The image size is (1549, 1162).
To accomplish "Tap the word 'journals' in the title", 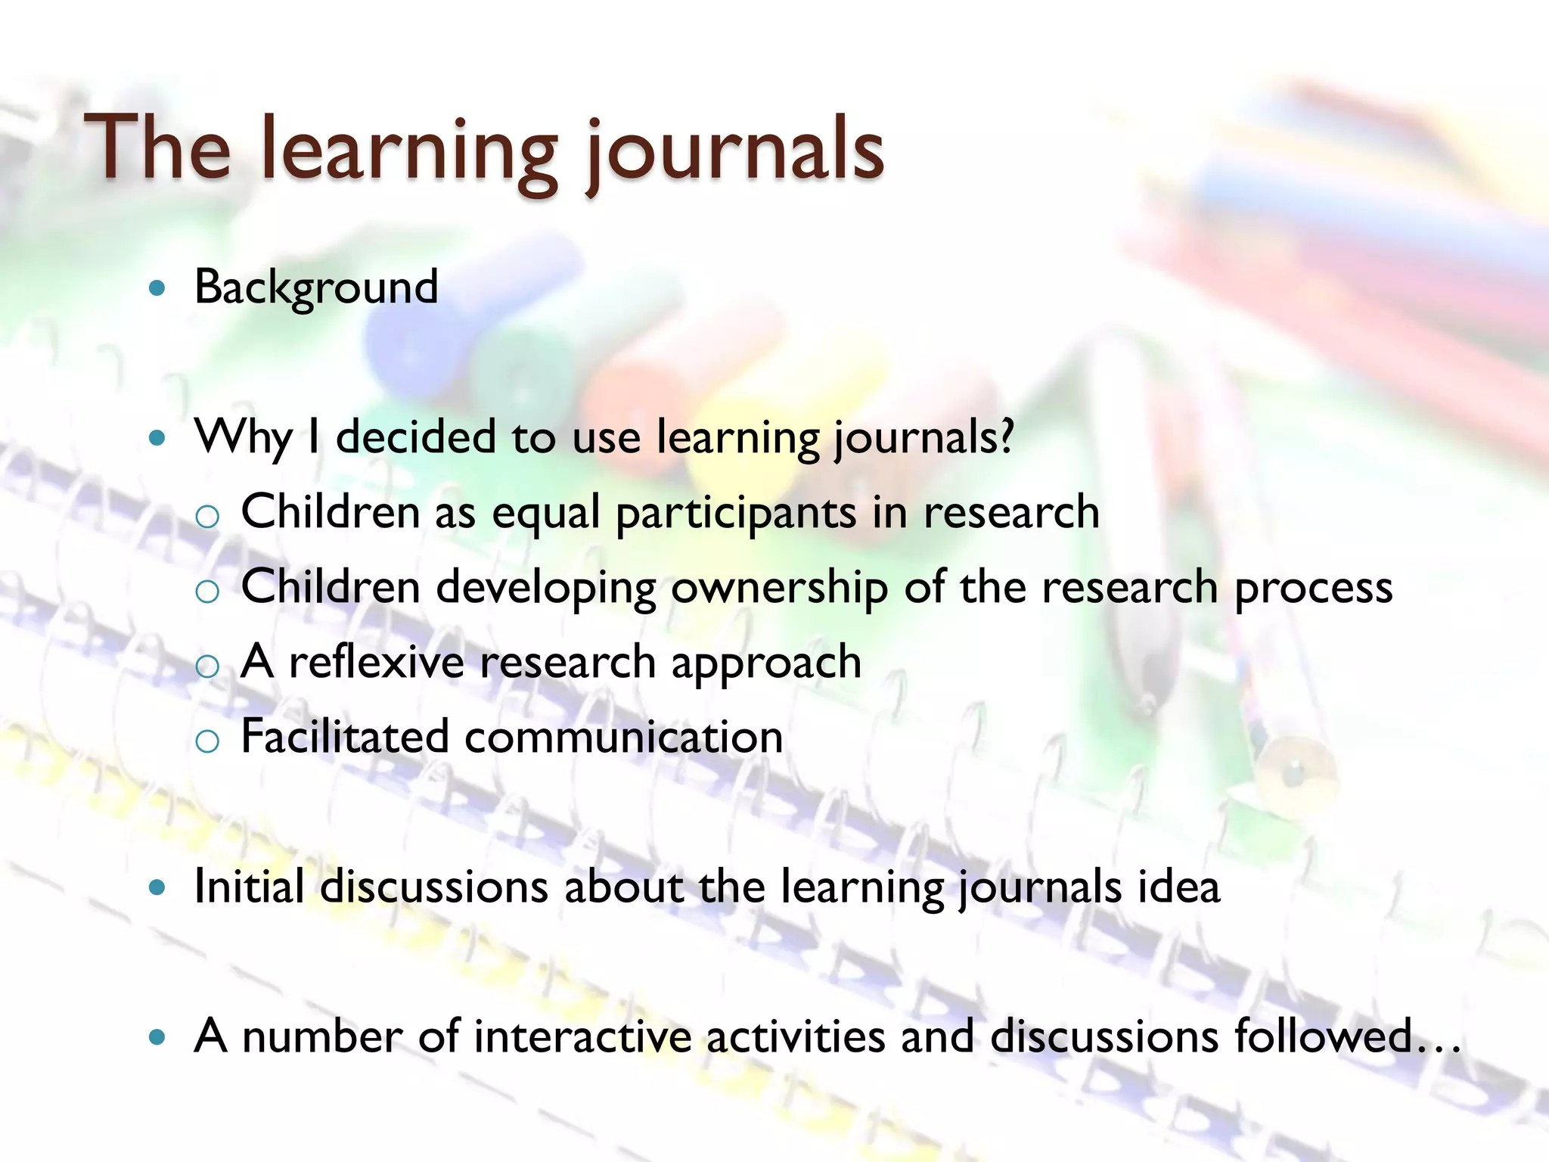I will tap(734, 151).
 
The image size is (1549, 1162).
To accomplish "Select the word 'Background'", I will tap(316, 287).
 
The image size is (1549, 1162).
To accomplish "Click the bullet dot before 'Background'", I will tap(157, 288).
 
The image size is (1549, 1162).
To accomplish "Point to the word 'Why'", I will tap(243, 438).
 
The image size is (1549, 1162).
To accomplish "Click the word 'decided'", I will tap(415, 437).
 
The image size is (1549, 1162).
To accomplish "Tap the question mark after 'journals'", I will tap(1005, 437).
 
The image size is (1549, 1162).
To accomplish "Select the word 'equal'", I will tap(546, 513).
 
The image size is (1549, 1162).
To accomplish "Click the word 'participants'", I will tap(736, 513).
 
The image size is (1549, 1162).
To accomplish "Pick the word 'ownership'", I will tap(779, 588).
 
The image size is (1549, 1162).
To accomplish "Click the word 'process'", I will tap(1313, 588).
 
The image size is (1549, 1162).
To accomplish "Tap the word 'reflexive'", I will tap(377, 662).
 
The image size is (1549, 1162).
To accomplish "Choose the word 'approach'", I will tap(766, 663).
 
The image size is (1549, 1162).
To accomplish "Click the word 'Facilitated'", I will tap(345, 736).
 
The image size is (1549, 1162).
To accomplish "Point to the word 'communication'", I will tap(624, 737).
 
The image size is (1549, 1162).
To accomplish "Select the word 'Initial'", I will tap(249, 886).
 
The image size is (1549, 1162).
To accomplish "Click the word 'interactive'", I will tap(582, 1036).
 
